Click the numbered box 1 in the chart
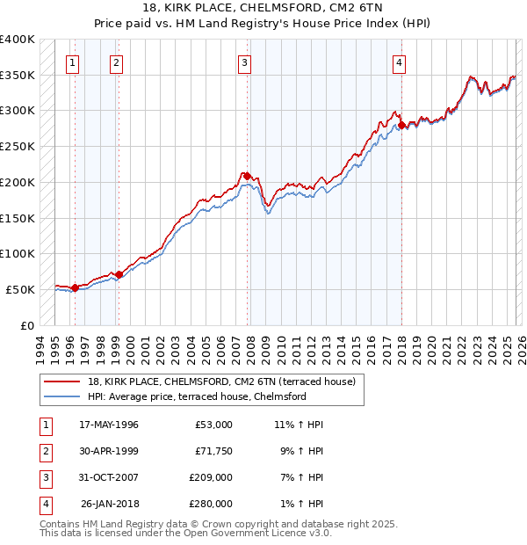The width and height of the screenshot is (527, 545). point(71,62)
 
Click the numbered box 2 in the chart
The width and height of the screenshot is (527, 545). point(116,62)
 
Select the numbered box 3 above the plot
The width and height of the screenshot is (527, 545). point(243,62)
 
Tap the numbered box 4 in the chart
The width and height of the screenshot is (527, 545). point(399,62)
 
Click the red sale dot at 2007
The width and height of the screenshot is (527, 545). point(247,176)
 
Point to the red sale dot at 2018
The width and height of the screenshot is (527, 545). point(401,125)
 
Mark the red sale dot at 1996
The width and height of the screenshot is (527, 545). point(76,287)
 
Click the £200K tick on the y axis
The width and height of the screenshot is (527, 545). point(17,182)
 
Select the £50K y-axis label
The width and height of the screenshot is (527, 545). point(20,289)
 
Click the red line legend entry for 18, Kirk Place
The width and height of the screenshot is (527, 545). point(220,381)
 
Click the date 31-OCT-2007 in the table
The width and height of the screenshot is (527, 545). point(109,477)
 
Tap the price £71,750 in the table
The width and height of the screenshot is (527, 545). point(213,451)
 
